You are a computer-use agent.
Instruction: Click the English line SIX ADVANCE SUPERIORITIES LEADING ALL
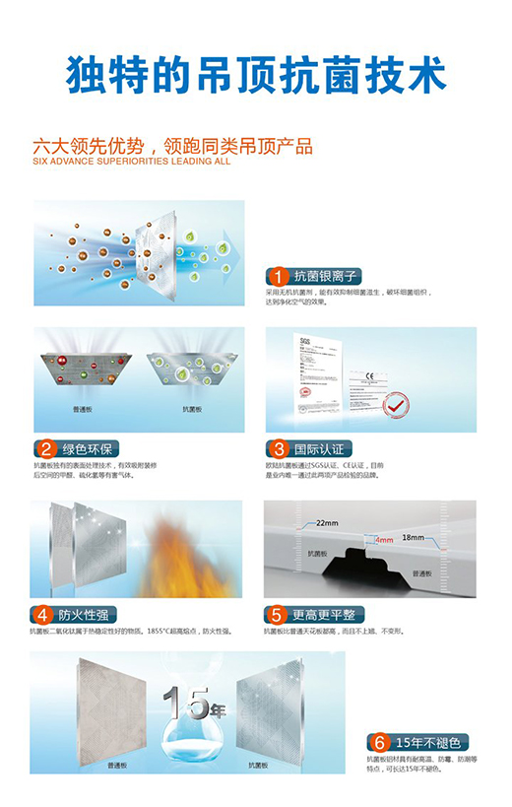tap(131, 161)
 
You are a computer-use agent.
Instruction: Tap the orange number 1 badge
tap(279, 276)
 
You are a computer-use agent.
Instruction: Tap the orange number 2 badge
tap(45, 448)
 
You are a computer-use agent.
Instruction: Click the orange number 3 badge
tap(279, 448)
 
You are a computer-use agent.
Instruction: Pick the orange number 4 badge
tap(43, 614)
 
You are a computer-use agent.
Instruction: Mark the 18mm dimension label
tap(413, 538)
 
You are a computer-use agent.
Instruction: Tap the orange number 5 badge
tap(279, 614)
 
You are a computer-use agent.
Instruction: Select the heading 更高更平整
tap(328, 614)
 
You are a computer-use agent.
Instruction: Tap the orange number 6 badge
tap(377, 742)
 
